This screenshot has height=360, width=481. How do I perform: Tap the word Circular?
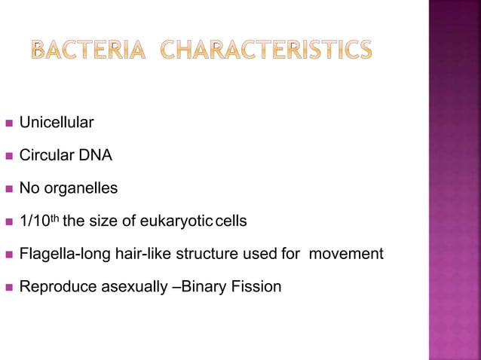click(x=44, y=157)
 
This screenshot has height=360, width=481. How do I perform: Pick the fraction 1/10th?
click(x=40, y=221)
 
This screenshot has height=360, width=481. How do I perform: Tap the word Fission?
click(x=257, y=287)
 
